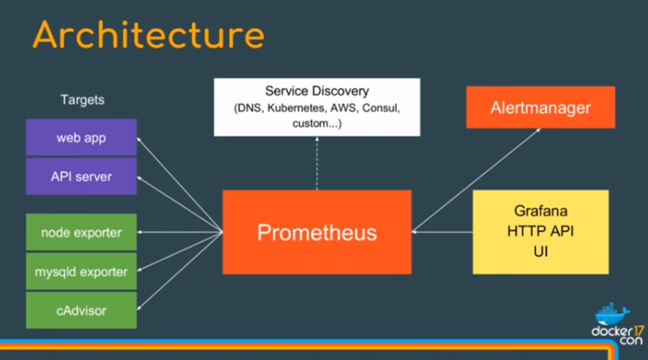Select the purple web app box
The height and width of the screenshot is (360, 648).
[x=81, y=137]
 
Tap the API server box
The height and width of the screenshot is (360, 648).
[x=81, y=177]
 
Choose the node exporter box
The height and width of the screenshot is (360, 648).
[x=81, y=233]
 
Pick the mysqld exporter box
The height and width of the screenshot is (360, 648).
[x=81, y=271]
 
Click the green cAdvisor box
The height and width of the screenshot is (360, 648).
[x=81, y=311]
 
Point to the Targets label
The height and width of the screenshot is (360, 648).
[x=82, y=100]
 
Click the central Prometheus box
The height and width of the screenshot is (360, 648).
[x=316, y=232]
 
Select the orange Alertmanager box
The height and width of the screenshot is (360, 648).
[x=540, y=108]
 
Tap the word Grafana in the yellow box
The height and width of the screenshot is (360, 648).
[x=540, y=212]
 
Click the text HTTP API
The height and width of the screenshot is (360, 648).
[x=540, y=231]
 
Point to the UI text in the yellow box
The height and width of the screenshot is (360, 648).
[x=540, y=250]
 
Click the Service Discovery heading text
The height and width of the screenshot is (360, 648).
[x=316, y=90]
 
